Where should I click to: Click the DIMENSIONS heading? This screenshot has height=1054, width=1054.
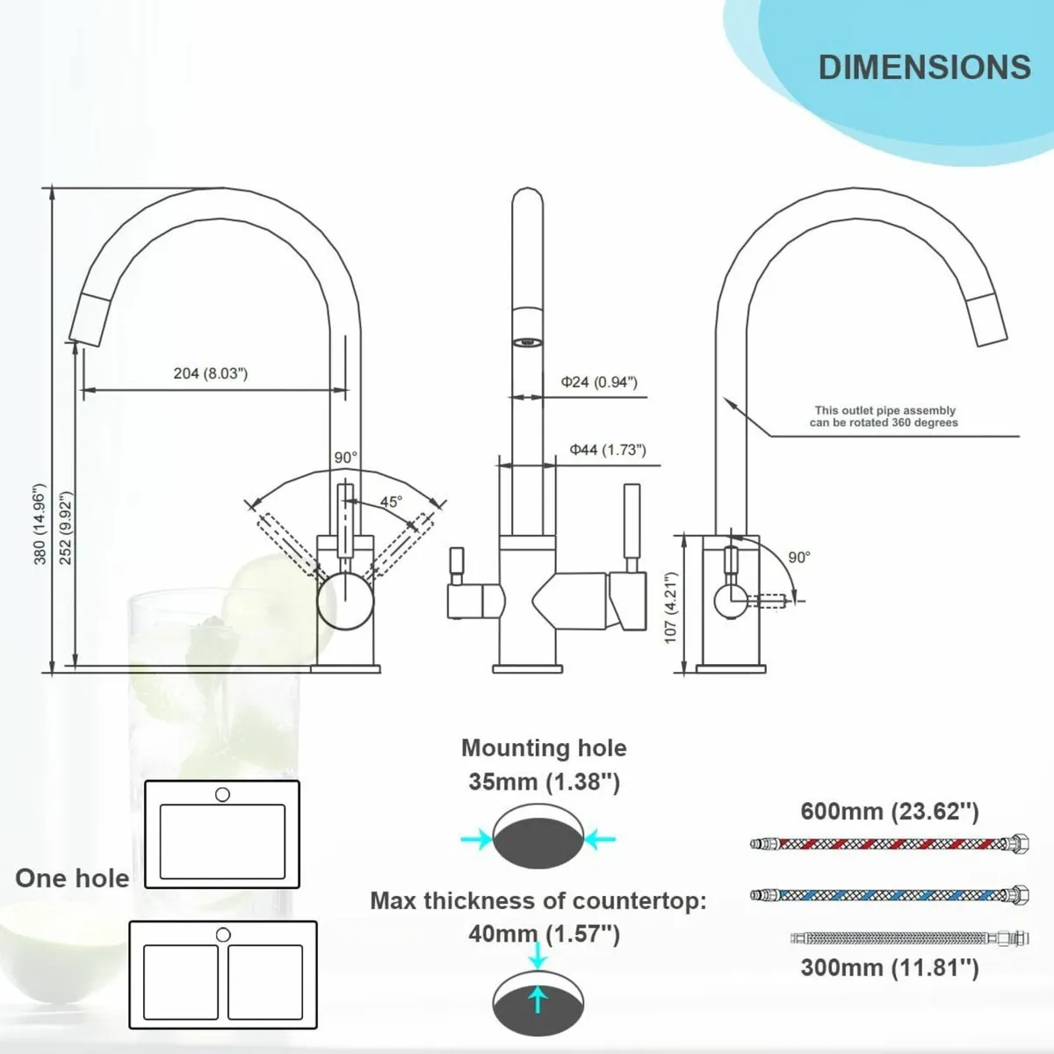[924, 68]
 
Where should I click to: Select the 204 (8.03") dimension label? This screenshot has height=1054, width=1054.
[211, 373]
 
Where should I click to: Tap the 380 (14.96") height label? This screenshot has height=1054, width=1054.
[40, 523]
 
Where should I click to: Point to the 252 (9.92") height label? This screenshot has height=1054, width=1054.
[66, 527]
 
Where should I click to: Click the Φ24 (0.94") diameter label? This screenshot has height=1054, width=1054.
[599, 382]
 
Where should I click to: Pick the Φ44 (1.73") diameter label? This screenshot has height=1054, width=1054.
[607, 450]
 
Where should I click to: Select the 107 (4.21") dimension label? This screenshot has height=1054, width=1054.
[671, 608]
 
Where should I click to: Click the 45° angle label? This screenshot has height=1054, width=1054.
[391, 502]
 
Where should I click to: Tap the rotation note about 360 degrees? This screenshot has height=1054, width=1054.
[884, 416]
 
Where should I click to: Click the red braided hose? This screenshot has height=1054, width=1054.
[889, 843]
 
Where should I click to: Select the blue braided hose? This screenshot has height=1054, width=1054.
[889, 895]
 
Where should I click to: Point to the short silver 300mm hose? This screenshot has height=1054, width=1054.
[908, 938]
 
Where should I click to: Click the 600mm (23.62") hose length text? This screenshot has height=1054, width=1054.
[889, 811]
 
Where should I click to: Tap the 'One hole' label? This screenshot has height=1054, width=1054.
[72, 878]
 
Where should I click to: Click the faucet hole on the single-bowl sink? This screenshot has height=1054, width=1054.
[222, 794]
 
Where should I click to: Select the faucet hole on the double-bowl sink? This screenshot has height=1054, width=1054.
[223, 935]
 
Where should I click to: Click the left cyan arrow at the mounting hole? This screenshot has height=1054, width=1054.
[475, 840]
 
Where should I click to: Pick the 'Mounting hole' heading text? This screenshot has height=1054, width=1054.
[544, 747]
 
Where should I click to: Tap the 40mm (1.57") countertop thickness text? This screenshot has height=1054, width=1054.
[544, 934]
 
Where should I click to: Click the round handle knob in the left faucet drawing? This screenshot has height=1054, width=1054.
[338, 601]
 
